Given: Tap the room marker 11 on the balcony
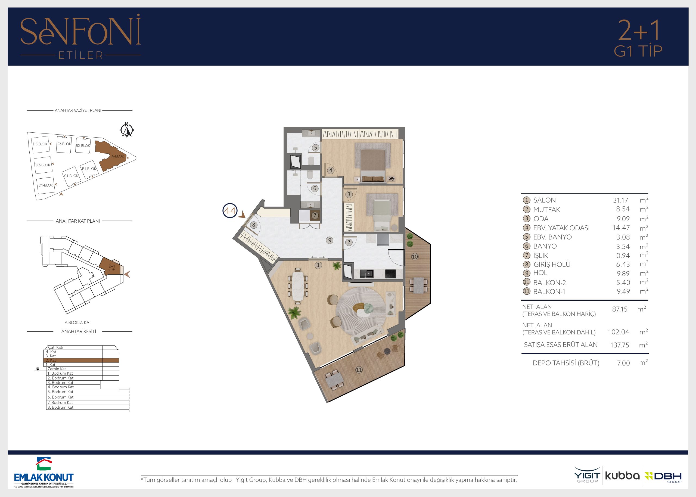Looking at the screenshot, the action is coord(359,370).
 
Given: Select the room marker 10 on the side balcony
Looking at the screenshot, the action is coord(415,256).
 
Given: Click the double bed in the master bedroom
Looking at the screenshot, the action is coord(373,163).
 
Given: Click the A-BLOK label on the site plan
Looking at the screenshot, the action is coord(118,156).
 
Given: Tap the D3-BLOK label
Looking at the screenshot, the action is coord(40,144).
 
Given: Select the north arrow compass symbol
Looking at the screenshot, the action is coord(127,130).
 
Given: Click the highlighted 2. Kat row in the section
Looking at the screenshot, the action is coord(81,360).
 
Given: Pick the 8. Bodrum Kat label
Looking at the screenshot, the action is coord(60,407).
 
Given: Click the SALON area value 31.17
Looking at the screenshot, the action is coord(620,200).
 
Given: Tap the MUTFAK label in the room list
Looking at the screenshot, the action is coord(547,210).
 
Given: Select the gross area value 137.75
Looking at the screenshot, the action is coord(620,345).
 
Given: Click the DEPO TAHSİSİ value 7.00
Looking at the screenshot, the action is coord(623,363).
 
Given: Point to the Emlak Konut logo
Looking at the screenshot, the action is coord(44,472).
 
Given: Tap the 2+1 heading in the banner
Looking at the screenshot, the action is coord(638,30).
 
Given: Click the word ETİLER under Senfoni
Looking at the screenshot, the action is coord(81,55).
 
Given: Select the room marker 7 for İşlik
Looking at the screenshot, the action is coord(315,215).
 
